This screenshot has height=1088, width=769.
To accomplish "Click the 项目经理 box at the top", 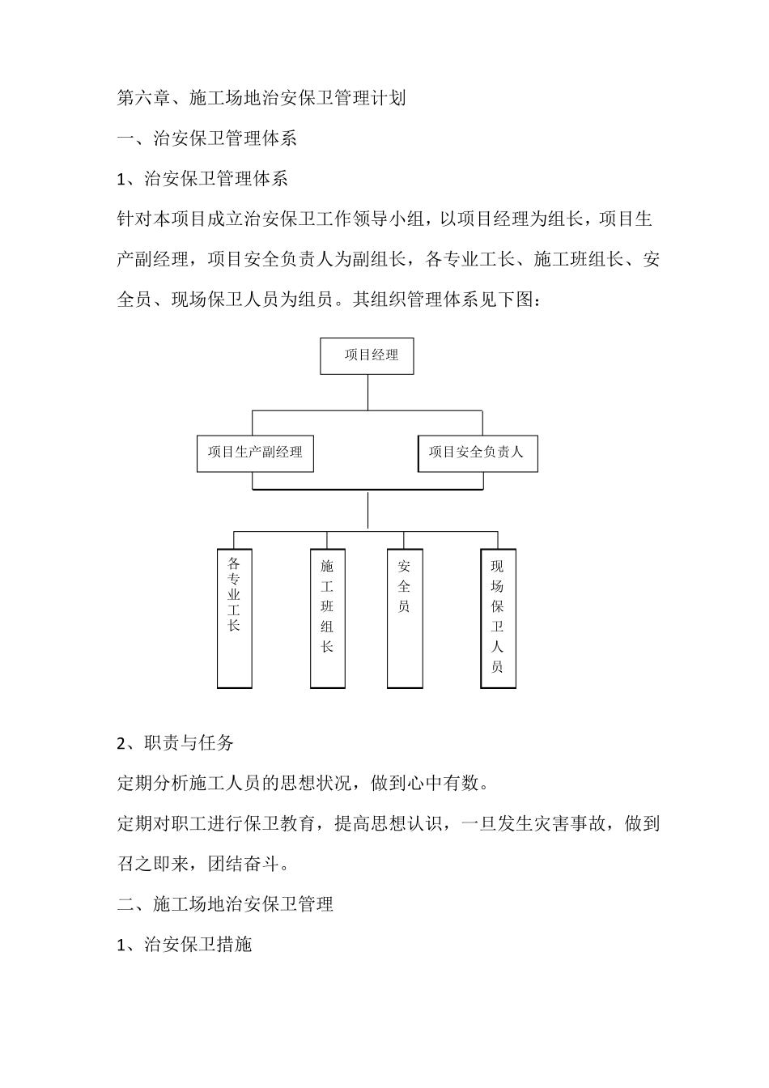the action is click(x=367, y=355).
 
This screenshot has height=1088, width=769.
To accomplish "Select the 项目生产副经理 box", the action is click(x=255, y=453).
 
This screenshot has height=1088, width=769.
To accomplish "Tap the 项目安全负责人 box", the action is click(x=478, y=453).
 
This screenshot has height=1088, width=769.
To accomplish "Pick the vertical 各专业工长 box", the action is click(x=234, y=618).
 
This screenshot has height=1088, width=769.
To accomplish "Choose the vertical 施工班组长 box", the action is click(x=327, y=618).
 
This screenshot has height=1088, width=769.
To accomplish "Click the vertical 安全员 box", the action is click(x=404, y=618).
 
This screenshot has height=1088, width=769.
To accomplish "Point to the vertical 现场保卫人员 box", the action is click(x=497, y=618).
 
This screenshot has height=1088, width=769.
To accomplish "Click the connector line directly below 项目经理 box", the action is click(x=368, y=392).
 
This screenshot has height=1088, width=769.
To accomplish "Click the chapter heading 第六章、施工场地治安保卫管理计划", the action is click(x=261, y=99).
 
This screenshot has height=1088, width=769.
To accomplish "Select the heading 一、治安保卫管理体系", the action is click(x=207, y=138).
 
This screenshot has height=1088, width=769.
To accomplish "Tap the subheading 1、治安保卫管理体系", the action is click(x=202, y=179).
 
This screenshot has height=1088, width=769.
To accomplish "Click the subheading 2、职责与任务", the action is click(x=176, y=742).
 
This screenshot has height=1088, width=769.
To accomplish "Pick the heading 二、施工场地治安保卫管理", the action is click(x=225, y=904).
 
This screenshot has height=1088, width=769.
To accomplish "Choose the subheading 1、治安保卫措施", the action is click(x=185, y=945).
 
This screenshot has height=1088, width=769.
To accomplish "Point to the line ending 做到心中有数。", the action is click(x=304, y=783).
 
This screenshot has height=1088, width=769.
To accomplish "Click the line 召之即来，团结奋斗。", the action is click(x=202, y=864).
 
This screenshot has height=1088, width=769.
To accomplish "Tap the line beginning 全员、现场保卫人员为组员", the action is click(x=334, y=300).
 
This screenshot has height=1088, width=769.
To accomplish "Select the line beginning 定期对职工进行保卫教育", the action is click(x=389, y=823).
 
